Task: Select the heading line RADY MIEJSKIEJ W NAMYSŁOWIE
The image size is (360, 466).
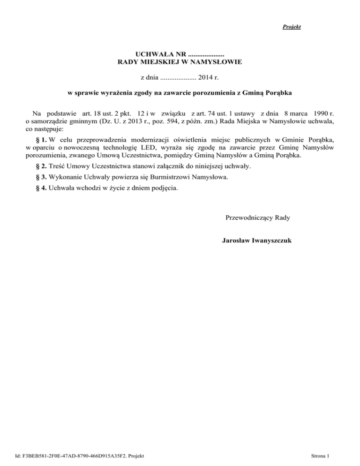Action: click(180, 61)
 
